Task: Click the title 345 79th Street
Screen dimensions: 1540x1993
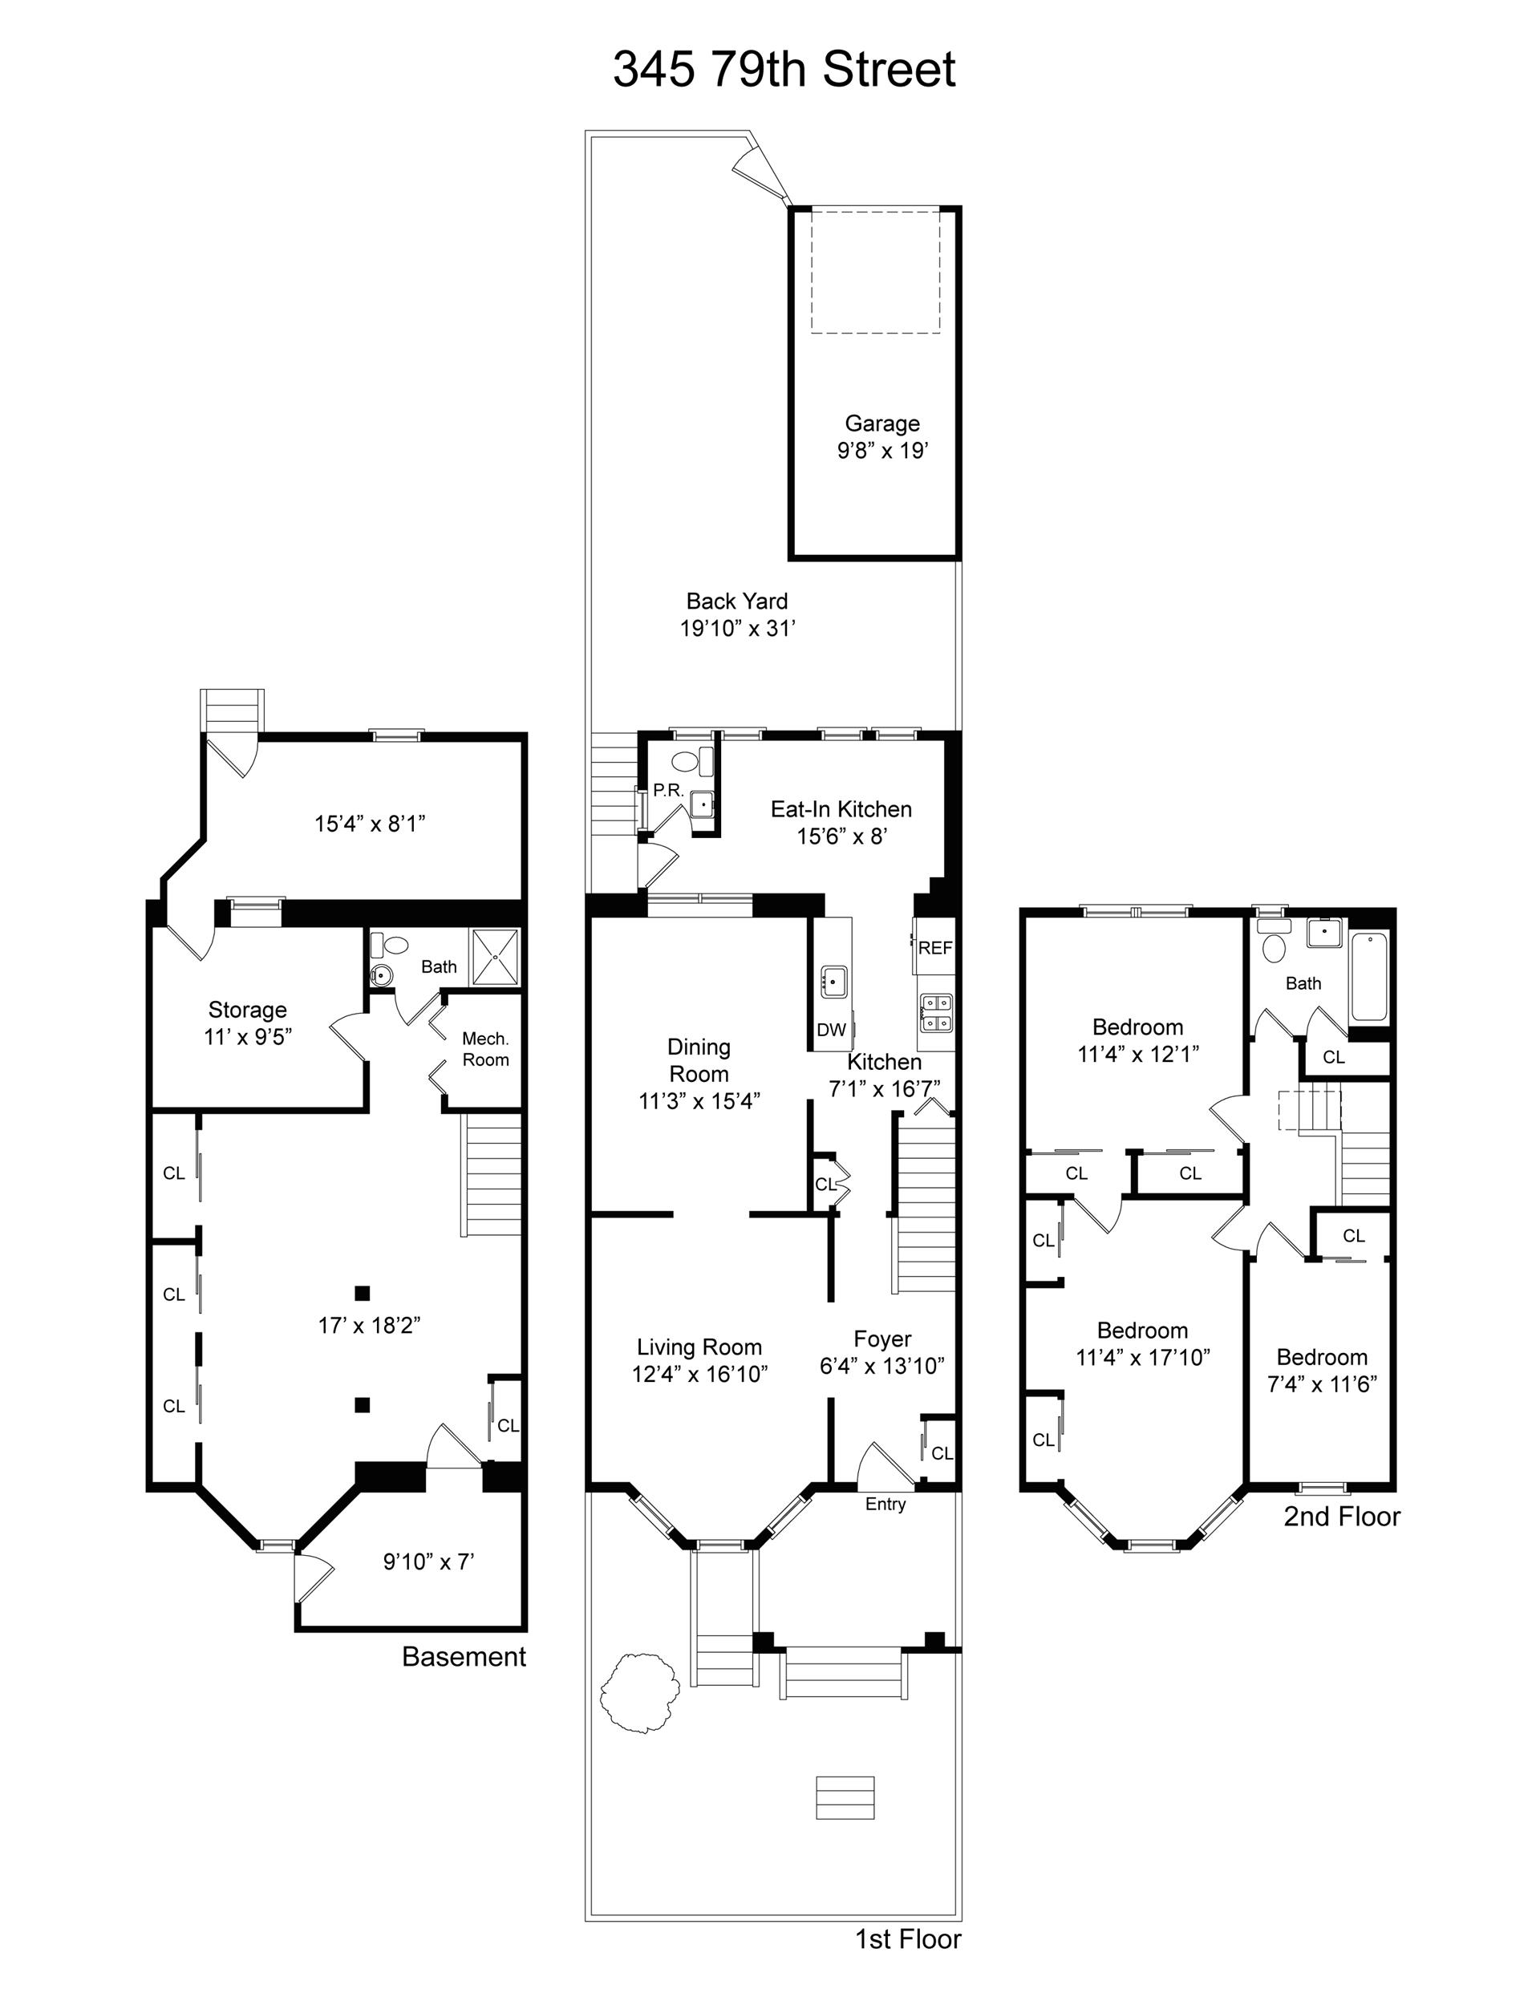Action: (784, 69)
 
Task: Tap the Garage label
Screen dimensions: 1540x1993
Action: (881, 423)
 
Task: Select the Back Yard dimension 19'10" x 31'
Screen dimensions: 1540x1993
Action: (738, 629)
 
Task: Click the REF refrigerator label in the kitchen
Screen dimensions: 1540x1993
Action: (934, 948)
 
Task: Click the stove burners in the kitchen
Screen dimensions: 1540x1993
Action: (936, 1012)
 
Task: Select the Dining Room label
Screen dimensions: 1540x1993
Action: (699, 1060)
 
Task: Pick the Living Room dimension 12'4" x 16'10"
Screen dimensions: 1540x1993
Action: (699, 1375)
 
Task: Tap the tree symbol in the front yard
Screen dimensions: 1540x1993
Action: (639, 1691)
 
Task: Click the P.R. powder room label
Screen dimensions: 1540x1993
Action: (668, 790)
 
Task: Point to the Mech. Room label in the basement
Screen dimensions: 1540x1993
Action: (485, 1049)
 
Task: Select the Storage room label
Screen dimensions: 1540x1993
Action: (247, 1009)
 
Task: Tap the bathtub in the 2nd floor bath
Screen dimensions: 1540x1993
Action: (1369, 976)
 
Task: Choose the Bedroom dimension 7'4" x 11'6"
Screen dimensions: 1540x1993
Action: (1322, 1384)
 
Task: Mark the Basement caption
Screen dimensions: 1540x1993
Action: (464, 1656)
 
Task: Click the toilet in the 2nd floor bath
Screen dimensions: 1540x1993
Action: (1274, 941)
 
